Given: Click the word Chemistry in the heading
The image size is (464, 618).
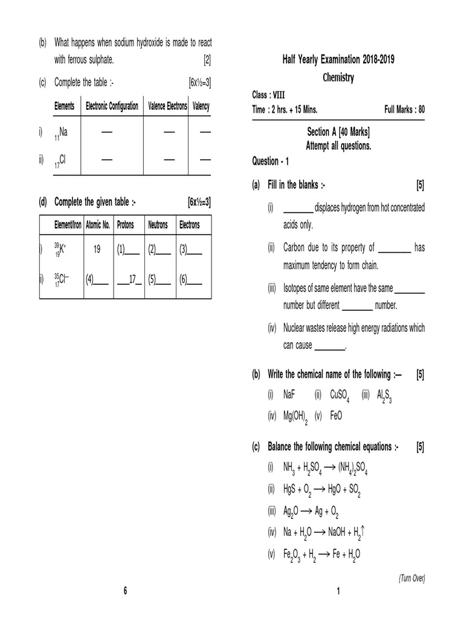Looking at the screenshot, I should [x=338, y=78].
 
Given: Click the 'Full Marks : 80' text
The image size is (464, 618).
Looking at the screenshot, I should [x=404, y=109].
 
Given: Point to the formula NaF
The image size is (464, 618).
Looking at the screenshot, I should [x=289, y=395].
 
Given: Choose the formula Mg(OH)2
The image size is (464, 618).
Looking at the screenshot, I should [x=296, y=416].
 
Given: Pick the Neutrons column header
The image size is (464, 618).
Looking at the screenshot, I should [x=158, y=225].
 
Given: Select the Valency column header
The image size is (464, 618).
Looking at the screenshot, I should [x=201, y=106].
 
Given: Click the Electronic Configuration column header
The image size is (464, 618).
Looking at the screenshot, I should [x=112, y=106].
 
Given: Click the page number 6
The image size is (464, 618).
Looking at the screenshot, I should [x=125, y=590].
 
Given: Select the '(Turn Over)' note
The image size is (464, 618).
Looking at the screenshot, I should [x=411, y=578].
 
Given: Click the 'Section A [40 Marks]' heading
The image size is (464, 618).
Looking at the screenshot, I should [x=338, y=132].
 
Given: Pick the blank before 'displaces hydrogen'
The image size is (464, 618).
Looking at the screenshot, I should [x=298, y=208].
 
